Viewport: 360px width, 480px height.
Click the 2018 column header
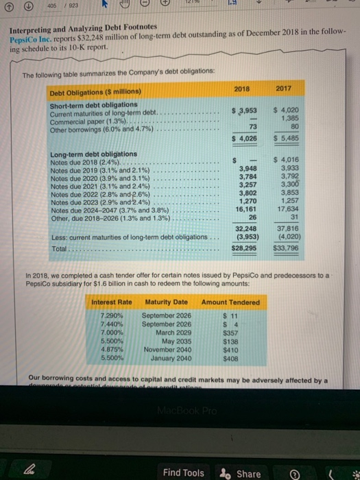[x=241, y=89]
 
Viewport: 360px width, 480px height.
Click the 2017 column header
[x=281, y=89]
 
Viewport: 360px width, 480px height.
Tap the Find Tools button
[x=183, y=473]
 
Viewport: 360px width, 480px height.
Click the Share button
[x=241, y=473]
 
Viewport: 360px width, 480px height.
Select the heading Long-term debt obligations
[x=84, y=154]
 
